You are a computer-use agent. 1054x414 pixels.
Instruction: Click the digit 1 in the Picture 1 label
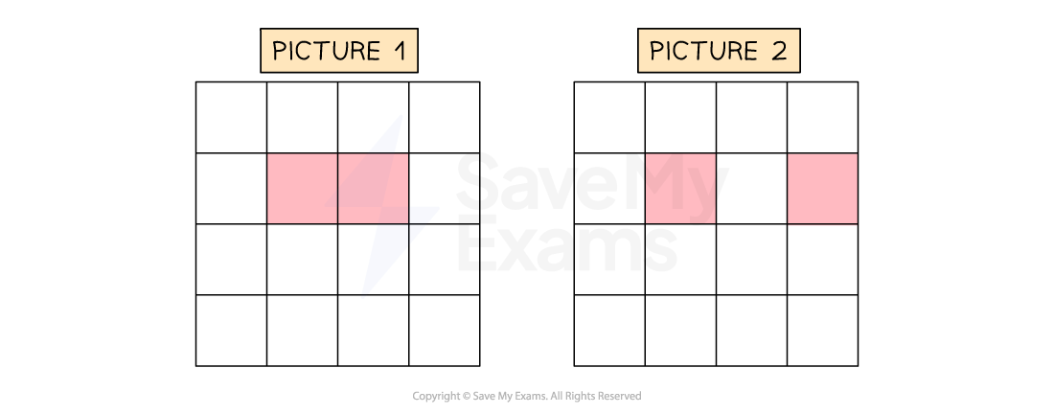coord(401,51)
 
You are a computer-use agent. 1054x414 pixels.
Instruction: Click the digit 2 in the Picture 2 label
coord(779,51)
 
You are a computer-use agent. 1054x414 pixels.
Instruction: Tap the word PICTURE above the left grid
coord(326,51)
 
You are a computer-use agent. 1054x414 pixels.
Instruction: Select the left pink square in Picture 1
coord(303,189)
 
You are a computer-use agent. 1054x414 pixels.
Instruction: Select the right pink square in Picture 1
coord(373,189)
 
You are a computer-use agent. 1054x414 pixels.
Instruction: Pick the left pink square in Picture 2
coord(680,189)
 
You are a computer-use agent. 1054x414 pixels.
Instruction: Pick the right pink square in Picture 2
coord(822,189)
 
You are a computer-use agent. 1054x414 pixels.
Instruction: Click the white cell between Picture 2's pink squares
coord(751,189)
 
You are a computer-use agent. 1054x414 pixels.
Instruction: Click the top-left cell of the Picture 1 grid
coord(231,118)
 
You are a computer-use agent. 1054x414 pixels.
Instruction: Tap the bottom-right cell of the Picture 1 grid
coord(445,331)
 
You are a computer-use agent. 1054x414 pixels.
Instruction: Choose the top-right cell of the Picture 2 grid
coord(822,118)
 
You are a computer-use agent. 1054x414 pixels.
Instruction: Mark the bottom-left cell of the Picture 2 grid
coord(609,331)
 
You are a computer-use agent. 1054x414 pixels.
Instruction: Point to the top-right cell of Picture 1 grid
coord(445,118)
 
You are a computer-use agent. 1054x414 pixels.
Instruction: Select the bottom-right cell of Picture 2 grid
coord(822,331)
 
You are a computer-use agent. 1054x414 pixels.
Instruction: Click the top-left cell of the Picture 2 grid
coord(609,118)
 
